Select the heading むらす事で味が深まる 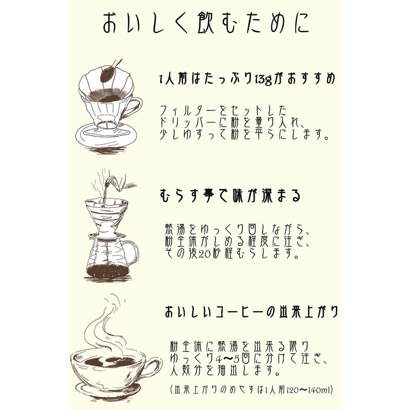point(229,196)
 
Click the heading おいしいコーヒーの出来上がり point(250,311)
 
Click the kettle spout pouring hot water point(109,183)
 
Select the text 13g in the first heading point(272,81)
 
